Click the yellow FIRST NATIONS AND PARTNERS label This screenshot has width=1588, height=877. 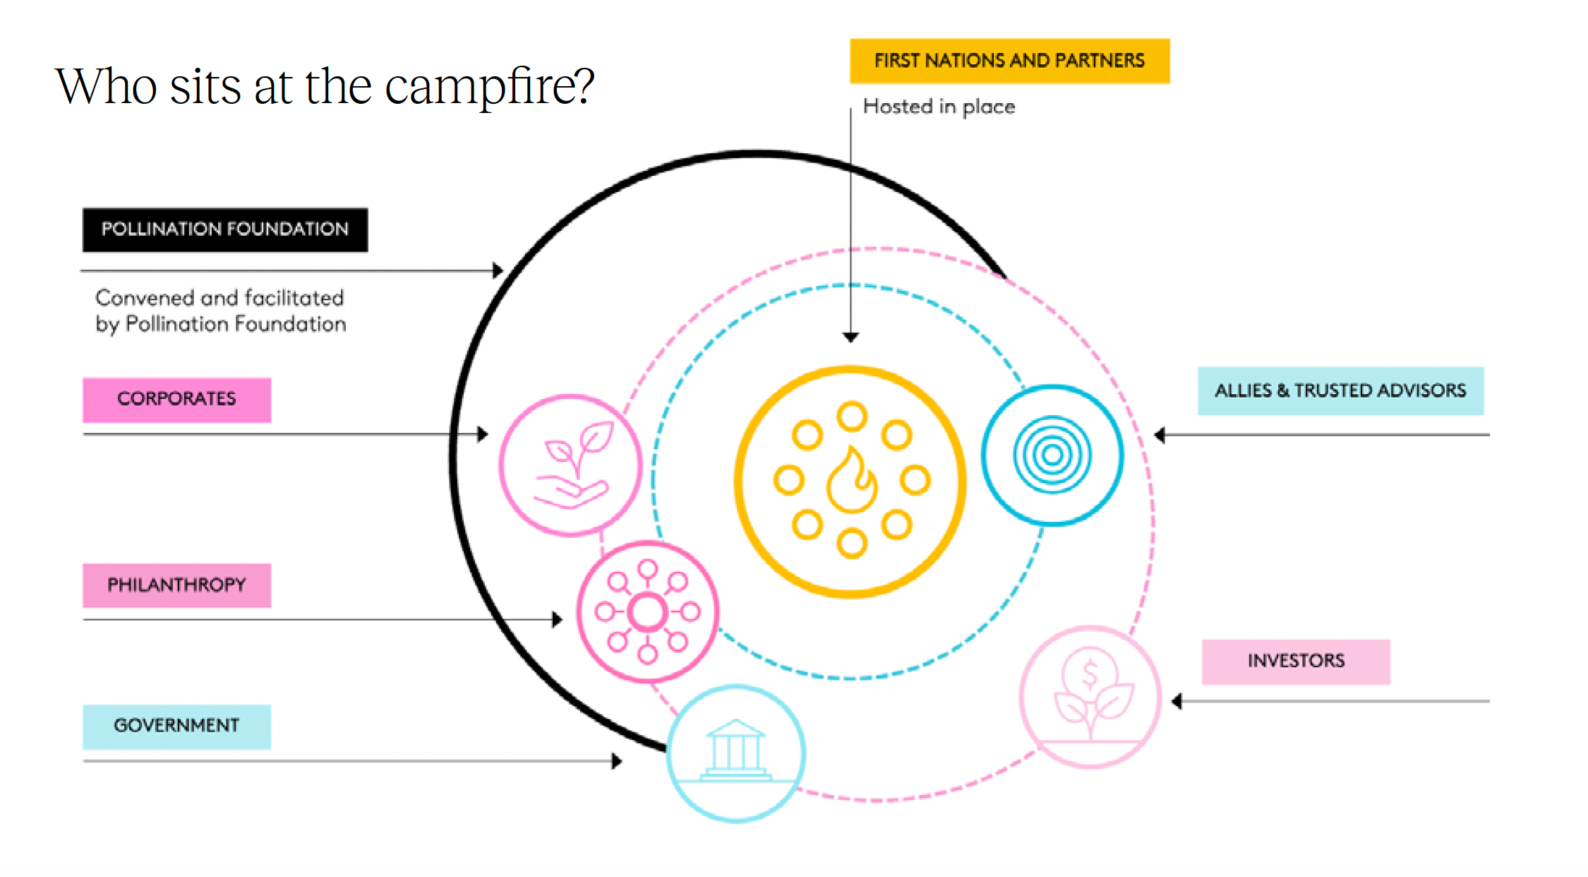pos(1009,61)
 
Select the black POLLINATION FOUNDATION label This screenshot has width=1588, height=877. pos(224,229)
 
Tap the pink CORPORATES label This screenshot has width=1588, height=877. pos(176,400)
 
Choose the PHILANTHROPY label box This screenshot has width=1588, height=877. pos(176,585)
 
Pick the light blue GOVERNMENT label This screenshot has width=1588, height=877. pos(176,726)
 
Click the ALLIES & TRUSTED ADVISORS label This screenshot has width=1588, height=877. pos(1340,390)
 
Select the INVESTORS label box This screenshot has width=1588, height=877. pos(1296,662)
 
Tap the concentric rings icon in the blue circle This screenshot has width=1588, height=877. pos(1052,455)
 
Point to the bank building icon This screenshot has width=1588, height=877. pos(735,750)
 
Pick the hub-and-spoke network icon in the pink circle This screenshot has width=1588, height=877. pos(647,611)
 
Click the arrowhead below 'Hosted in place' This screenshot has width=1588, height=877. pos(850,337)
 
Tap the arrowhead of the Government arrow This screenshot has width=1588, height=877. pos(617,761)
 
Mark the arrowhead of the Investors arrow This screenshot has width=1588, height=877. pos(1177,701)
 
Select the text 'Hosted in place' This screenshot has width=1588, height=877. pos(939,107)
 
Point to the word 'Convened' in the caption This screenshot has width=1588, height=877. pos(145,298)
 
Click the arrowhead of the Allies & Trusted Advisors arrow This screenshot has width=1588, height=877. pos(1160,435)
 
